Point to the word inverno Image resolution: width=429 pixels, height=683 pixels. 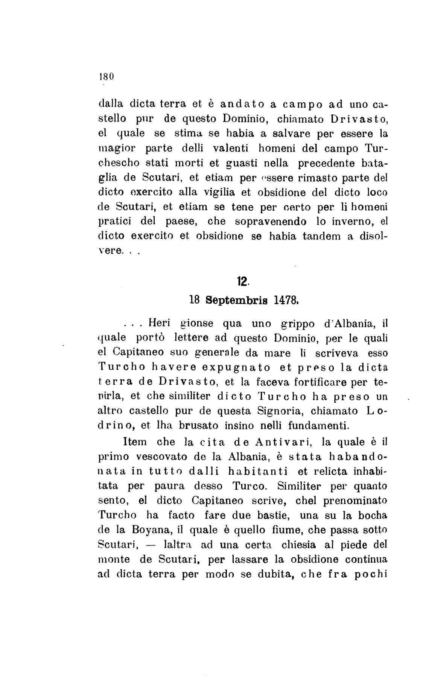click(x=351, y=222)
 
